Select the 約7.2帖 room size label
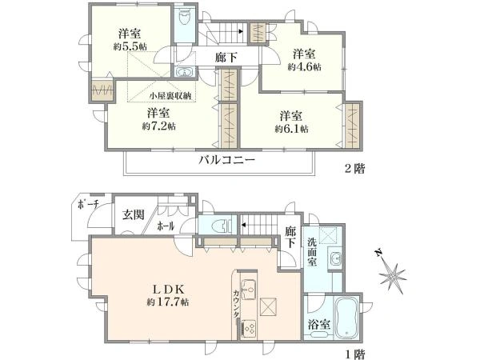[x=161, y=126]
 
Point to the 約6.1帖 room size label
[x=291, y=129]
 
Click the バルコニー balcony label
[x=227, y=160]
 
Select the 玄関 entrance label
[x=133, y=214]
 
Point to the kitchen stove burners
[x=248, y=328]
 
